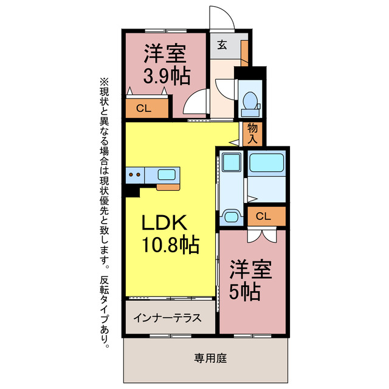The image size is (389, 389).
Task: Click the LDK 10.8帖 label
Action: (x=170, y=234)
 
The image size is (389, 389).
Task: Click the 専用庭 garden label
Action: (x=210, y=359)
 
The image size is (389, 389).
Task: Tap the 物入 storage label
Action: (x=253, y=134)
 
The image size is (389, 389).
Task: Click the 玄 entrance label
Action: (x=222, y=44)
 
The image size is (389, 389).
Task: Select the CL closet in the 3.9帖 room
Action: (x=144, y=109)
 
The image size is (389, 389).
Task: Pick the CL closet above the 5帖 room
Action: (x=263, y=216)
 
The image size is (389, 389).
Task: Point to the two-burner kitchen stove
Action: (x=136, y=175)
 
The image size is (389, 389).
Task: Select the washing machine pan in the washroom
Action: (x=230, y=164)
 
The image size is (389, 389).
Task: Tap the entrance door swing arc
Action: (x=221, y=17)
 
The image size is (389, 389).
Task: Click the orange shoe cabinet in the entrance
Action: (x=244, y=52)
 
